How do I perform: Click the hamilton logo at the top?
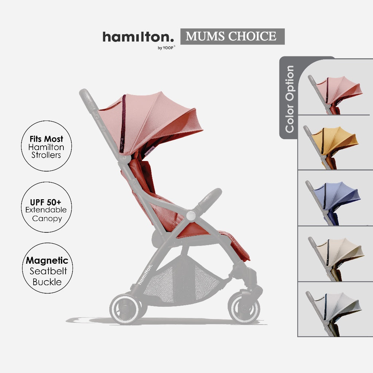coord(138,37)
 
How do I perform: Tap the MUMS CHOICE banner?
coord(232,36)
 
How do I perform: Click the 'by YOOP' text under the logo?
coord(166,48)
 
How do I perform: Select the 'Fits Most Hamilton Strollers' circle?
coord(46,146)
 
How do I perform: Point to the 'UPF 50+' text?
coord(46,202)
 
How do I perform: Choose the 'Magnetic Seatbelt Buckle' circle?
coord(47,268)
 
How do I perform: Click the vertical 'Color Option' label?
coord(290,99)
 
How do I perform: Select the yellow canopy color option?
coord(331,147)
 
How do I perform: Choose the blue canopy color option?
coord(333,203)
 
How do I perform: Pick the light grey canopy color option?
coord(334,313)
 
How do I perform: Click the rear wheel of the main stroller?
coord(125,309)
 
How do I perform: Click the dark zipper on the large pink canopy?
coord(123,123)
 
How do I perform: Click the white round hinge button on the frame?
coord(191,216)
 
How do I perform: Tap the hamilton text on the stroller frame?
coord(145,275)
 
